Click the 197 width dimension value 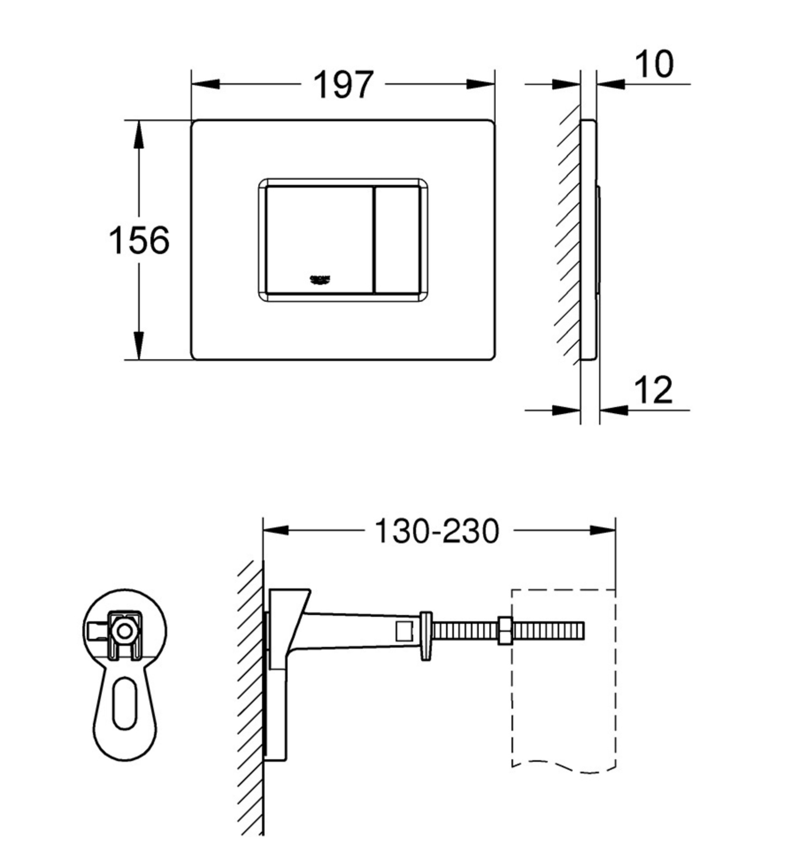[343, 85]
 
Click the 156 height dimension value [139, 240]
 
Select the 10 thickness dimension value [654, 65]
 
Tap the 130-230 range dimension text [437, 530]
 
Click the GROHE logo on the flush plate [320, 279]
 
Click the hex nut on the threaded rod [505, 630]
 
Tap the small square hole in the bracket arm [404, 631]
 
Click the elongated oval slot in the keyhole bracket [125, 703]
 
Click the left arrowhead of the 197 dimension [205, 84]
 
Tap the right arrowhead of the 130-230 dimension [603, 530]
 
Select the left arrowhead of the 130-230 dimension [276, 530]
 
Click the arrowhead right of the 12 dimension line [614, 410]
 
